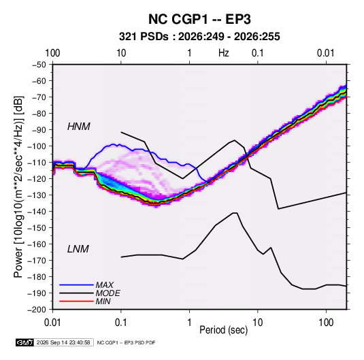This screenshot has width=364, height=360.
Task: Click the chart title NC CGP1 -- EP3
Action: (199, 19)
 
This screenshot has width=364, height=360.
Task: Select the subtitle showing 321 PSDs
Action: (199, 37)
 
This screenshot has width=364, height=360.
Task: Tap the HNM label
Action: (79, 127)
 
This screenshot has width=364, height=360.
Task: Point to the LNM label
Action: (78, 249)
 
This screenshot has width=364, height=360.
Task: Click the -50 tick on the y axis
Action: (39, 65)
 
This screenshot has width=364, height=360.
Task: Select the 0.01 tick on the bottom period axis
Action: (52, 323)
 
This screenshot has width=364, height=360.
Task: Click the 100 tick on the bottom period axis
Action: (326, 323)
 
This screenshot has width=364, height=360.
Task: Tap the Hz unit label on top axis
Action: (224, 53)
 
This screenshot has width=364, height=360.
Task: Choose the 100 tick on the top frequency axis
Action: (52, 53)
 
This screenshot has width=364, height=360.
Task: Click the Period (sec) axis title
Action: (224, 330)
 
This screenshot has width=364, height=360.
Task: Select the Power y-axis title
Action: (19, 187)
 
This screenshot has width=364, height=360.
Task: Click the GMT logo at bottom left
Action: (25, 342)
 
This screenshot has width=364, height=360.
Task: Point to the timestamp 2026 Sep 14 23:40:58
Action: (63, 342)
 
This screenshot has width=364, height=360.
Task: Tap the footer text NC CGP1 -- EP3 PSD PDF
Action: (126, 343)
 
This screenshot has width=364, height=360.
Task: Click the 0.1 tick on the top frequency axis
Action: (258, 53)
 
